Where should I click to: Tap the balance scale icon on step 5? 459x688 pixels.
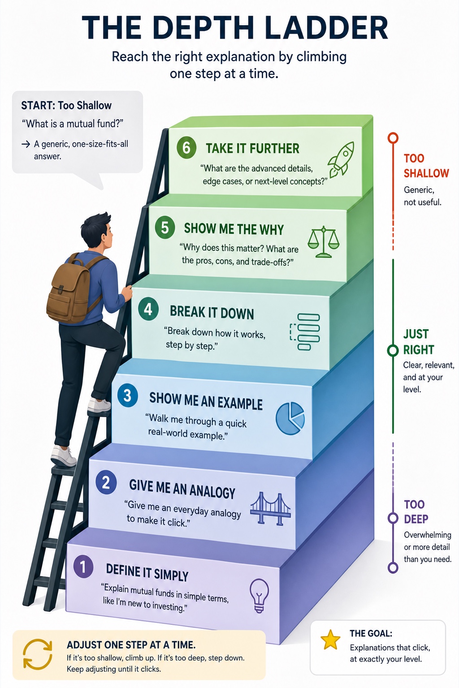324,242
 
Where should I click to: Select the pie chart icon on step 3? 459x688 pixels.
290,418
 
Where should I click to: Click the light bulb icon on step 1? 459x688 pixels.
259,596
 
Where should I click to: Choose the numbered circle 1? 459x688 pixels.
83,566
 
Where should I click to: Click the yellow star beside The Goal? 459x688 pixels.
330,640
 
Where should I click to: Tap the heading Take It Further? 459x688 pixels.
252,149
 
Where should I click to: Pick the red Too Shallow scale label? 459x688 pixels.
426,166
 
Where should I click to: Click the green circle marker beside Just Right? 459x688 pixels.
393,350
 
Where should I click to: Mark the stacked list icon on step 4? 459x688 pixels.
305,332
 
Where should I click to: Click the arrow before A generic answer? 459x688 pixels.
26,144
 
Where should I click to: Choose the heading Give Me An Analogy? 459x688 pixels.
182,489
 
